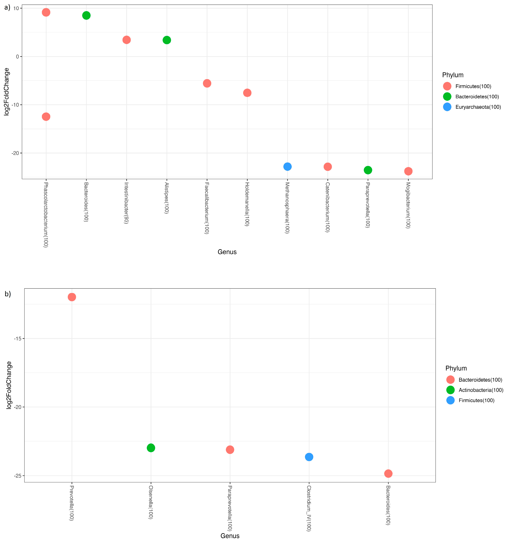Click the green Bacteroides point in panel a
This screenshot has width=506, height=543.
[x=86, y=16]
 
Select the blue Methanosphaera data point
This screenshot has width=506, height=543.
[x=287, y=167]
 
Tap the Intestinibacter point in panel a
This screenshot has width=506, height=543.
[x=126, y=40]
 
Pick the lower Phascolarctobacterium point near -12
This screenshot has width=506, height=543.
[x=46, y=117]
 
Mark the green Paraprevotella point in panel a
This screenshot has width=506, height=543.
[x=368, y=170]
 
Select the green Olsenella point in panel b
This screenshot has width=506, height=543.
[x=151, y=448]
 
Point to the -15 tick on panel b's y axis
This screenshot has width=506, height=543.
[x=18, y=339]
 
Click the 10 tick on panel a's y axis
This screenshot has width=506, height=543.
[x=16, y=8]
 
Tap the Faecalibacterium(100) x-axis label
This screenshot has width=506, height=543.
[x=207, y=208]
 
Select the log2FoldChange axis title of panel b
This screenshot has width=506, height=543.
[x=9, y=385]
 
